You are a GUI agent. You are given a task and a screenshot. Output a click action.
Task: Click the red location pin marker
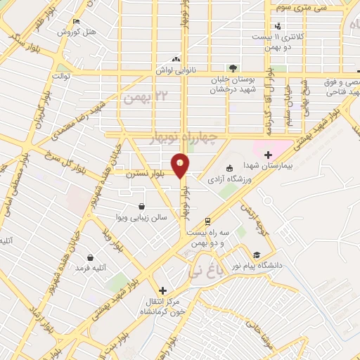(x=181, y=165)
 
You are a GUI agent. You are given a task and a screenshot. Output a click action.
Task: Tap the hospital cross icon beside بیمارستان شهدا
(x=267, y=155)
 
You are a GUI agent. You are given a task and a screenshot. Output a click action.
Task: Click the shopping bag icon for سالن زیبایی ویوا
(x=143, y=207)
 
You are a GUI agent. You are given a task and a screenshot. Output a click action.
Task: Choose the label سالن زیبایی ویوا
(x=143, y=218)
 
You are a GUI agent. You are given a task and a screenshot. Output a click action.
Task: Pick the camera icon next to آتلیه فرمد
(x=91, y=256)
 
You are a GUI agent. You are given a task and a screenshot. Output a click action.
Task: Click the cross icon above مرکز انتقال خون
(x=162, y=290)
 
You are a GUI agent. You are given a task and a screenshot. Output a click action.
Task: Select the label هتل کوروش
(x=79, y=31)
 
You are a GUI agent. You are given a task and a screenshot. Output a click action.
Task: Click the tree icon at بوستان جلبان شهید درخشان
(x=233, y=67)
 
